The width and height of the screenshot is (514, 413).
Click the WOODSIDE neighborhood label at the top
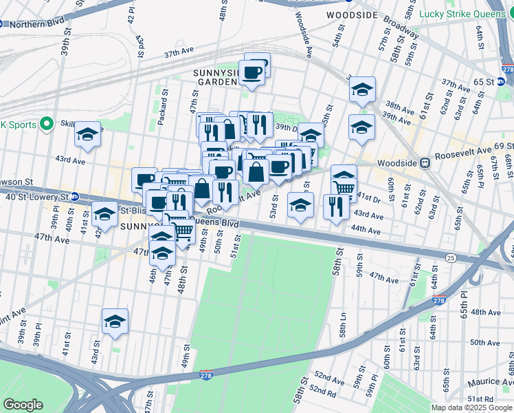353,14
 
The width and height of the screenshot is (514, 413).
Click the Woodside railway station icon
425,163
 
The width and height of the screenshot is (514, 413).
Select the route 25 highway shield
450,257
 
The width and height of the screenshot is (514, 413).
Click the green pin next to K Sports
46,125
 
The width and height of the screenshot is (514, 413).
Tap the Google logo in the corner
23,405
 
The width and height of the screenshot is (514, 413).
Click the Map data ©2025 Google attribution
471,407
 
